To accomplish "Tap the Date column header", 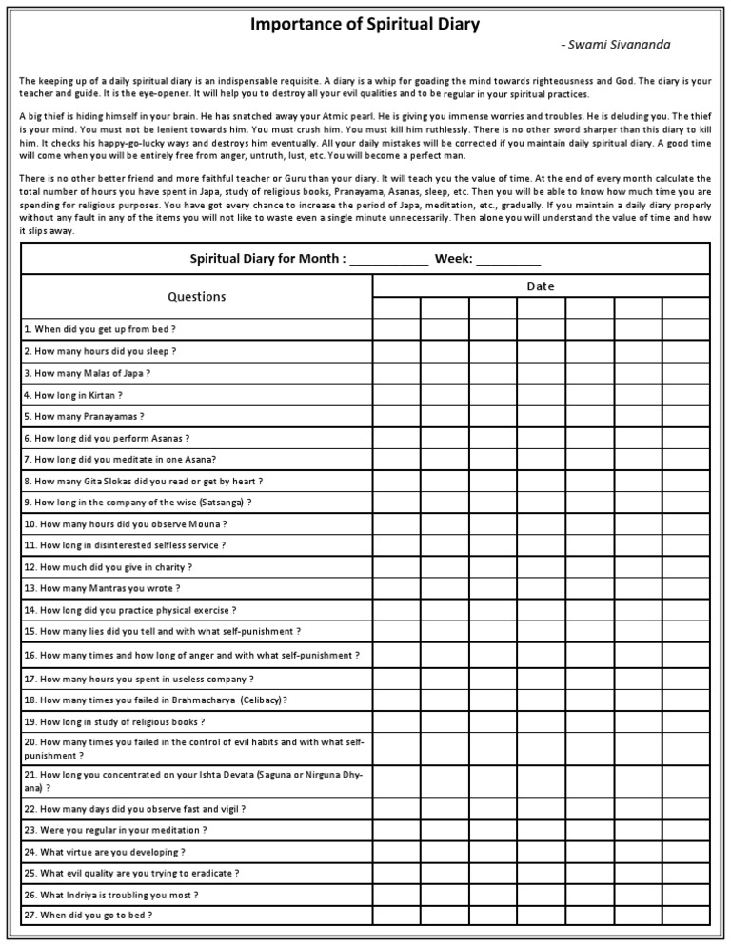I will pyautogui.click(x=541, y=286).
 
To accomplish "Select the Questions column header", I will pyautogui.click(x=197, y=296).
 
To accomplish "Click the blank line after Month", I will pyautogui.click(x=389, y=258).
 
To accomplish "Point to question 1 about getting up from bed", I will pyautogui.click(x=100, y=329).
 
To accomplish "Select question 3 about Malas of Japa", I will pyautogui.click(x=88, y=373).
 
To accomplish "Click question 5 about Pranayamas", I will pyautogui.click(x=85, y=417).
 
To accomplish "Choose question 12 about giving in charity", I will pyautogui.click(x=109, y=567).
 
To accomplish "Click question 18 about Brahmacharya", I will pyautogui.click(x=156, y=700).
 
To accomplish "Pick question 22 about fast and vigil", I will pyautogui.click(x=135, y=809).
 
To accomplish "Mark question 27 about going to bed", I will pyautogui.click(x=89, y=915).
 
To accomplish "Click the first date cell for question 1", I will pyautogui.click(x=396, y=329).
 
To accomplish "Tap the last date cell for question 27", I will pyautogui.click(x=686, y=915).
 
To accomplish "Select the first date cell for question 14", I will pyautogui.click(x=396, y=610).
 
